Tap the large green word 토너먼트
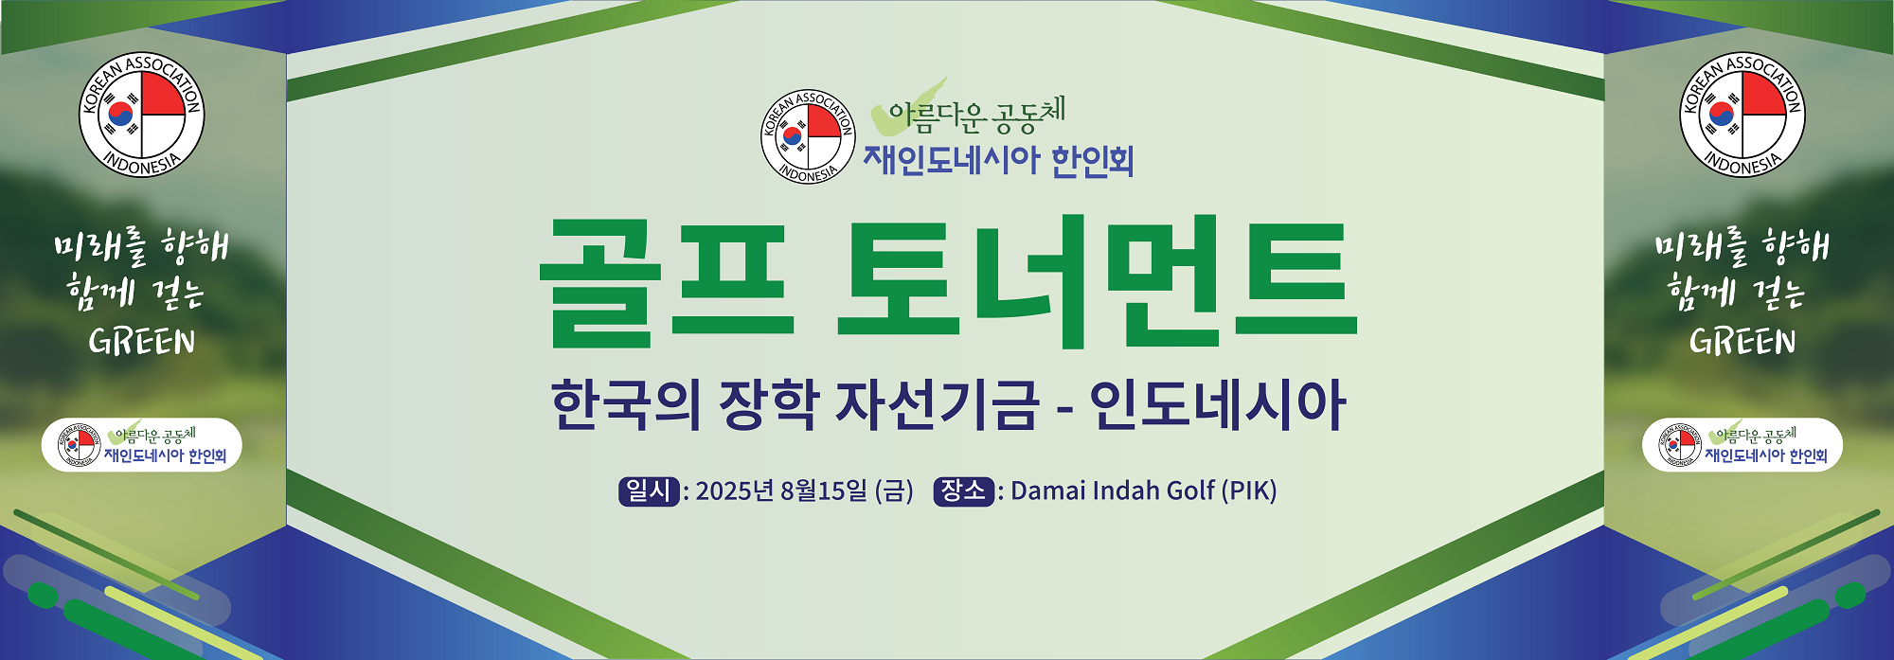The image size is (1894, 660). point(1097,281)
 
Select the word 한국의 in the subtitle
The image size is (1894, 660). point(626,405)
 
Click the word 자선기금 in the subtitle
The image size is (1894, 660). point(937,405)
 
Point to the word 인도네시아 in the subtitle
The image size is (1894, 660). point(1218,405)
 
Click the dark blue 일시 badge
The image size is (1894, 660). point(649,491)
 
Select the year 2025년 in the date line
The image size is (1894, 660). point(735,491)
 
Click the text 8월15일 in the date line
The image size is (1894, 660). point(823,491)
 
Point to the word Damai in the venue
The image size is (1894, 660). point(1047,491)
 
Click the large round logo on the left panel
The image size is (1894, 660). point(141,115)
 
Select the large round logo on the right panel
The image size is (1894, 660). point(1742,115)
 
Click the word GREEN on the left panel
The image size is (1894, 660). point(142,342)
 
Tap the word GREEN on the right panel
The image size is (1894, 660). point(1742,342)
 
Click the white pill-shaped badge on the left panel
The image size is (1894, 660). point(142,445)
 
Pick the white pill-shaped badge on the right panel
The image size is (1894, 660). point(1742,445)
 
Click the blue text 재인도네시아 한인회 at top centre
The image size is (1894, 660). point(998,160)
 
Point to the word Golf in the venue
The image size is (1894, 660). point(1190,491)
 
